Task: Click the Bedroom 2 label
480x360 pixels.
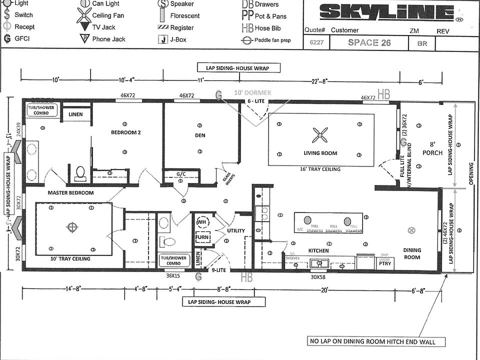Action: click(x=126, y=132)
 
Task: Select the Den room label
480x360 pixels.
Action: click(x=200, y=135)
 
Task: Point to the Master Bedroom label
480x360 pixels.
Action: click(x=70, y=192)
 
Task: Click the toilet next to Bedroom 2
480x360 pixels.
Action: click(x=79, y=172)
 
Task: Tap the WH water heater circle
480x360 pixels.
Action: click(x=201, y=222)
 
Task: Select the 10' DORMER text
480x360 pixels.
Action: click(x=253, y=93)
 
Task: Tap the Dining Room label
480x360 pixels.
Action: click(x=412, y=253)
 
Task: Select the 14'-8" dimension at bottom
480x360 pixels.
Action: click(x=73, y=288)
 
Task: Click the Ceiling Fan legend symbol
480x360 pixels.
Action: click(x=83, y=15)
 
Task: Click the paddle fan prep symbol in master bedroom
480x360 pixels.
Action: click(x=73, y=227)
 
